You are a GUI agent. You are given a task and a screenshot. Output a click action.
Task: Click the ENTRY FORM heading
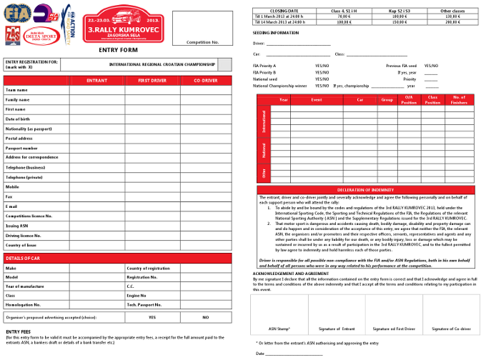pos(117,51)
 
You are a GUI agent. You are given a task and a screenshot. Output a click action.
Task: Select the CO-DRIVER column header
pos(206,81)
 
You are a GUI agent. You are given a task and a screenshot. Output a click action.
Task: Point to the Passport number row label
pos(21,148)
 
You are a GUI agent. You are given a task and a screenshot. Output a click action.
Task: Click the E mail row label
pos(11,206)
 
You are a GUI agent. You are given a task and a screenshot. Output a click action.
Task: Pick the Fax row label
pos(9,196)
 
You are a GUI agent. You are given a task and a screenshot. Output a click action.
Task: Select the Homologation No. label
pos(22,304)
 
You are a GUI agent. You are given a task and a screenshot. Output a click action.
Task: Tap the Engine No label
pos(137,295)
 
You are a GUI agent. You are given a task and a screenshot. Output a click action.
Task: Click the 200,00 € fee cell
pos(451,22)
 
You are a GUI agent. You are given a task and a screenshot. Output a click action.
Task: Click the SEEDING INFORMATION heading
pos(276,33)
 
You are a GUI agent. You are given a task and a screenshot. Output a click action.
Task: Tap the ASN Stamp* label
pos(279,328)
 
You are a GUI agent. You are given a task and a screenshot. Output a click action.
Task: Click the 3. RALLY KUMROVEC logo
pos(122,24)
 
